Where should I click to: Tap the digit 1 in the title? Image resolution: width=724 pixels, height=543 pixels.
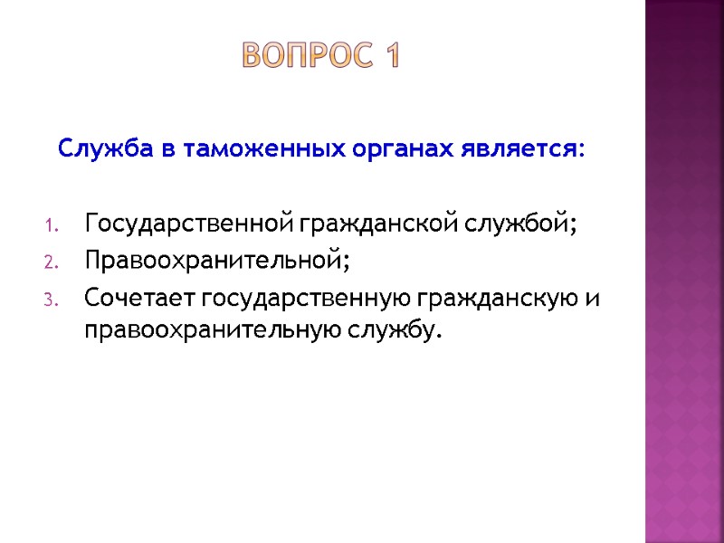391,58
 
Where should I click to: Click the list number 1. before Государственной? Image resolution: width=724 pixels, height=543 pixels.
52,224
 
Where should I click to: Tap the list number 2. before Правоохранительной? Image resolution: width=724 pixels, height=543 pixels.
52,262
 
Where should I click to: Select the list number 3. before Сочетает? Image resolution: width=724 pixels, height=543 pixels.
52,299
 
